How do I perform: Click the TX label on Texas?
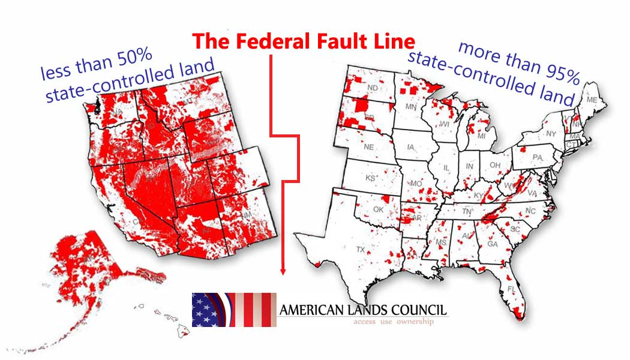point(361,249)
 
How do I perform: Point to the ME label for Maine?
point(592,99)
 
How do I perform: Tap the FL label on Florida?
point(511,289)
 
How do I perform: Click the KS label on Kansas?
point(371,178)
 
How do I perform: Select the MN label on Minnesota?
point(411,107)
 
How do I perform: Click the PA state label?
point(537,157)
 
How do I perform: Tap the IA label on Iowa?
point(410,147)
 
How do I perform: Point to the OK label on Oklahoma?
point(378,209)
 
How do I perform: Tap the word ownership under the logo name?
point(414,322)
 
